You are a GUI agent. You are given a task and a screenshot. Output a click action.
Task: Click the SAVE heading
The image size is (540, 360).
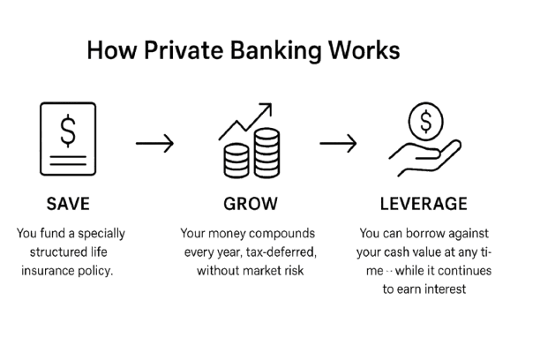pos(68,204)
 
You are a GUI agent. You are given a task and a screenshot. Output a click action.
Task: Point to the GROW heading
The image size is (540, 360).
pos(251,204)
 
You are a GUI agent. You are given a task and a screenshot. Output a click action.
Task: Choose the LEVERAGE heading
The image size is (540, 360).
pos(423,204)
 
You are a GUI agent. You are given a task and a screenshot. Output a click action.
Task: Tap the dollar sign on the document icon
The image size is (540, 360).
pos(68,131)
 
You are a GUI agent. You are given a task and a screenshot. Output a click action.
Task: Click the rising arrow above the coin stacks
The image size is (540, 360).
pos(246,123)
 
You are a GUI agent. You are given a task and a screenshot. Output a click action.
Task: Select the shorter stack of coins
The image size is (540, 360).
pos(235,161)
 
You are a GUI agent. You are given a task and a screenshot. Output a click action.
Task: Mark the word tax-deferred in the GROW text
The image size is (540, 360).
pos(280,253)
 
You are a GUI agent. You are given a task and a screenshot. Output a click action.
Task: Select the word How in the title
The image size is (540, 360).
pos(107,51)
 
